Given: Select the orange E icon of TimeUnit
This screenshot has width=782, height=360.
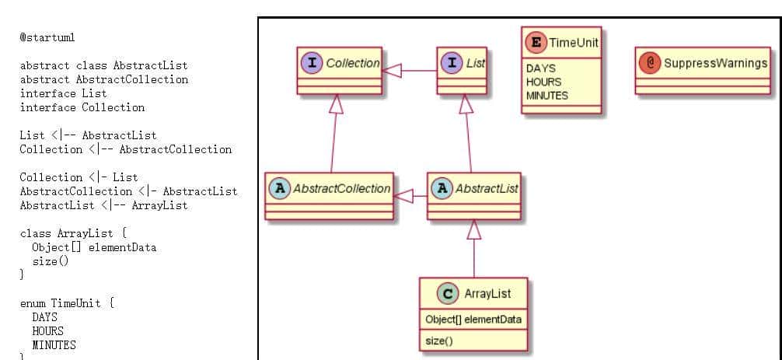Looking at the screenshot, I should [535, 42].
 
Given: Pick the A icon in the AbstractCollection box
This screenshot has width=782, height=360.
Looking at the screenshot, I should [279, 189].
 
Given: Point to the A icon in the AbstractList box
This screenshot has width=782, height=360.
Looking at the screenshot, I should [442, 189].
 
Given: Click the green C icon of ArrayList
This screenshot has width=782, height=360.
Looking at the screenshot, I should [447, 293].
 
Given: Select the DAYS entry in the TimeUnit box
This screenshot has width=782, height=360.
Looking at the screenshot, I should [541, 68].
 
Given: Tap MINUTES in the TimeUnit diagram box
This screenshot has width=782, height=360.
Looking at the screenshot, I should [547, 96].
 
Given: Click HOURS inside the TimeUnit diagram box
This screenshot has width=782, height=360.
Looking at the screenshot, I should [543, 82].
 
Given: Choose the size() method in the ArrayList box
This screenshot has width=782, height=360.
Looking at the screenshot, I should [438, 341].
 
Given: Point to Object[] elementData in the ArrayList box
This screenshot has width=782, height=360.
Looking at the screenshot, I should [473, 320].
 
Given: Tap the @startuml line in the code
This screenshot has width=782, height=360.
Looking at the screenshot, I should [47, 37].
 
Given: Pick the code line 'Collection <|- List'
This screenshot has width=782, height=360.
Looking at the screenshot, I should [79, 177].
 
